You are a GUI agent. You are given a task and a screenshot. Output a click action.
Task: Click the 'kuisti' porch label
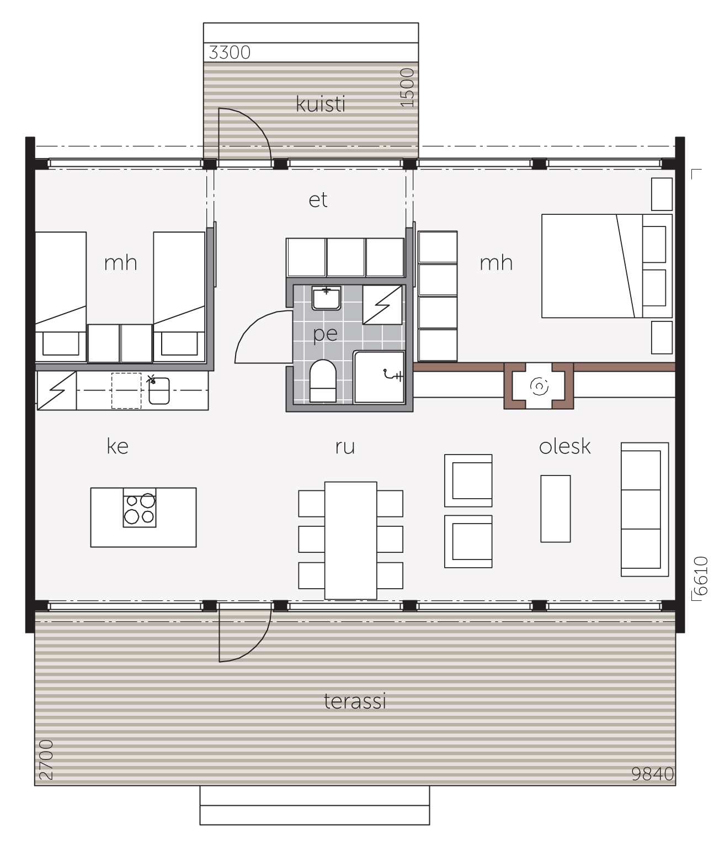click(x=320, y=104)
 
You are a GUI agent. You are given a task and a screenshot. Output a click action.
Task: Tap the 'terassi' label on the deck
click(x=355, y=701)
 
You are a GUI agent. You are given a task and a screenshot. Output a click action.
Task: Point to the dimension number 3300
click(x=230, y=52)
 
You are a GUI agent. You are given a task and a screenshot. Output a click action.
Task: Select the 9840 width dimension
click(x=652, y=774)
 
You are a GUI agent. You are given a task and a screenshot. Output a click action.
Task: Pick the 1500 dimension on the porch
click(x=407, y=87)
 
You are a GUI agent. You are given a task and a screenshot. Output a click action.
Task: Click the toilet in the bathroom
click(x=323, y=381)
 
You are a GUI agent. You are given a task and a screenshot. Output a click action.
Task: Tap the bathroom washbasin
click(x=326, y=298)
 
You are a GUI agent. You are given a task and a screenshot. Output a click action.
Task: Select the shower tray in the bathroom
click(x=379, y=377)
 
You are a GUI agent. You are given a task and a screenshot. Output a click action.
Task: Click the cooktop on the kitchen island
click(x=140, y=508)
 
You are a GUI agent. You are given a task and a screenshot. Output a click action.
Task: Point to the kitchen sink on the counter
click(x=159, y=391)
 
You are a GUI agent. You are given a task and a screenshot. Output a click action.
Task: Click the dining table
click(x=350, y=541)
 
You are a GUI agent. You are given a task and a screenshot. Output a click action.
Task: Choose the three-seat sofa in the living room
click(x=644, y=509)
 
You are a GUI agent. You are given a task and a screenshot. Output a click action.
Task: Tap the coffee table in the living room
click(x=556, y=509)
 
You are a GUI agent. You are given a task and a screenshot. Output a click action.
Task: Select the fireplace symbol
click(x=539, y=385)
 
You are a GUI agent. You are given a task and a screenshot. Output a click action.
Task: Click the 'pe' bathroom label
click(x=325, y=334)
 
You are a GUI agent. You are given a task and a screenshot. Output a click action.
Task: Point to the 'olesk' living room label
click(x=564, y=446)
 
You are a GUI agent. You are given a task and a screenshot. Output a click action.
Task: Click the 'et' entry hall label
click(x=318, y=200)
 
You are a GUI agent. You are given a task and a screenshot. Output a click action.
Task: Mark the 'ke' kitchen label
click(x=118, y=446)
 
